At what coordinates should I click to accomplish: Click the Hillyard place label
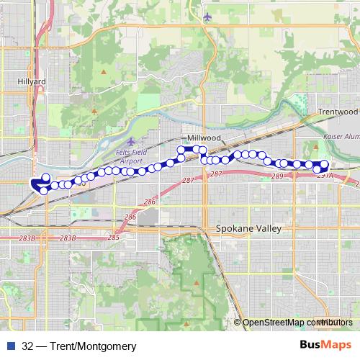coord(31,82)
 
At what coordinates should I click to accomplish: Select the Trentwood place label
coord(338,112)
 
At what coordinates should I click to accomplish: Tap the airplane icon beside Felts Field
coord(130,141)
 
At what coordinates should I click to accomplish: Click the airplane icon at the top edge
coord(207,16)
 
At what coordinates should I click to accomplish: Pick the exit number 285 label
coord(113,236)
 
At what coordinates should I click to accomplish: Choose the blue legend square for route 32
coord(11,345)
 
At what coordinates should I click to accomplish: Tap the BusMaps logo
coord(325,344)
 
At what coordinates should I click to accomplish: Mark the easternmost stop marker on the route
coord(324,163)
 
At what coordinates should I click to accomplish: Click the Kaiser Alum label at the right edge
coord(342,126)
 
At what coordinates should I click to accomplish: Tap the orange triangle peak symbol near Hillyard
coord(102,72)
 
